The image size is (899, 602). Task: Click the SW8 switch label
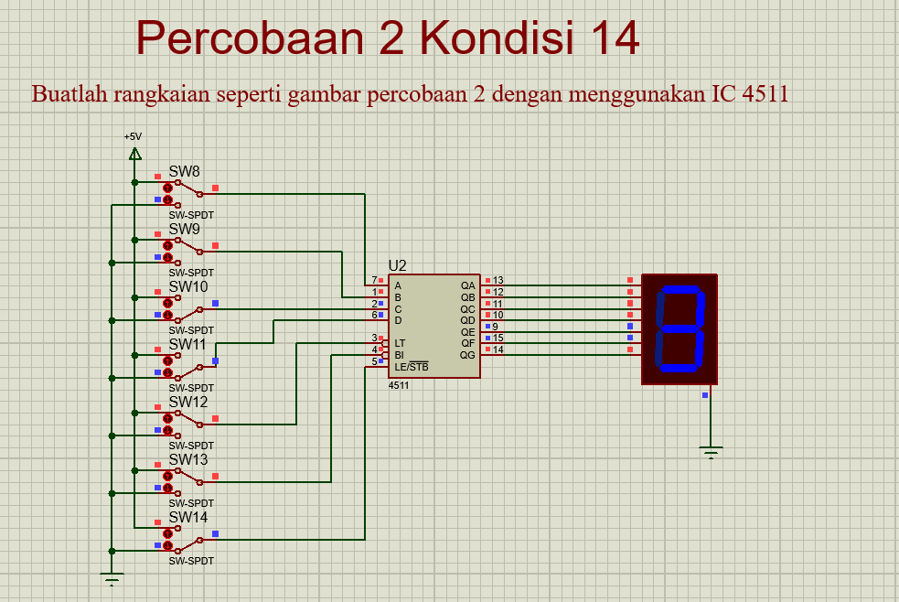click(x=184, y=171)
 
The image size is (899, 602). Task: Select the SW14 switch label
click(x=187, y=517)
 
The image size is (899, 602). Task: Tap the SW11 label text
click(x=187, y=344)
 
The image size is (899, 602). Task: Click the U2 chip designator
click(x=397, y=266)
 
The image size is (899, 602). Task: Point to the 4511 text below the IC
click(x=399, y=385)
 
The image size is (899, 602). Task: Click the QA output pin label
click(x=467, y=285)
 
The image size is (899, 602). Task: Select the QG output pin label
click(x=467, y=355)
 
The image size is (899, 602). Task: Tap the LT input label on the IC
click(x=400, y=343)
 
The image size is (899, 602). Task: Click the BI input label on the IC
click(x=399, y=355)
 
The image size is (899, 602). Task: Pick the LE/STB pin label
click(x=411, y=367)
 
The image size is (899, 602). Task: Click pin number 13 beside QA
click(x=498, y=281)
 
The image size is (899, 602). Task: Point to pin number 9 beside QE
click(x=496, y=327)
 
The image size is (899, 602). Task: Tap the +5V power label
click(x=134, y=136)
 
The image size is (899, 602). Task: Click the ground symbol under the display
click(x=711, y=450)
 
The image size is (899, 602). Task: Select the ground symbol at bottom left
click(x=112, y=579)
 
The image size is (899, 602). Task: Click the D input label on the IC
click(x=398, y=320)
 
